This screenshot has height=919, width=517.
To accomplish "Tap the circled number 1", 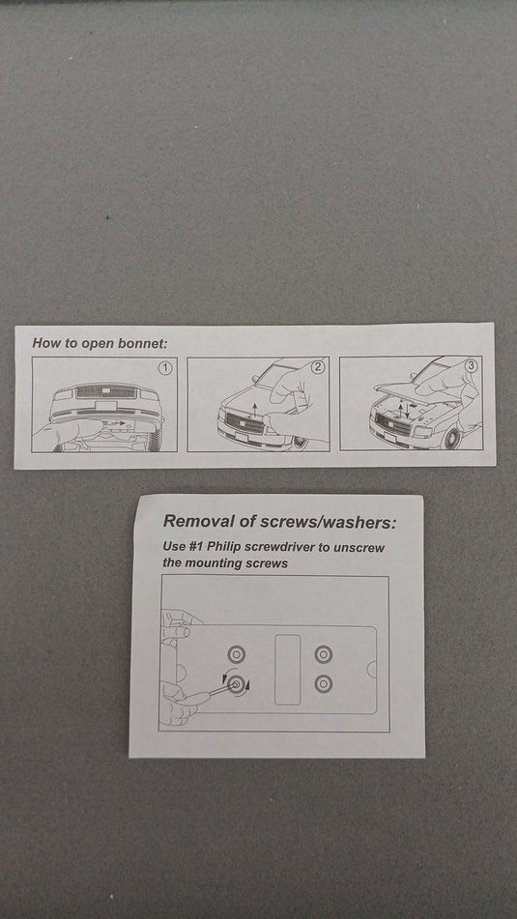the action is [x=166, y=368].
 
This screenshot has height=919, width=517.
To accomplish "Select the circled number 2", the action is [x=318, y=367].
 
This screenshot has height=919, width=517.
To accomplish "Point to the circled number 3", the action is [x=472, y=365].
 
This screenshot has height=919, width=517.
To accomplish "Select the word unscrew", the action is [x=361, y=547].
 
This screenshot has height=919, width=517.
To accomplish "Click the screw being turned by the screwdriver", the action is [x=236, y=684].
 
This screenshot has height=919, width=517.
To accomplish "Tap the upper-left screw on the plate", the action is [x=236, y=654].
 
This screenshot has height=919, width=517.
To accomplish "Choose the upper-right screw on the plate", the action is [x=324, y=653].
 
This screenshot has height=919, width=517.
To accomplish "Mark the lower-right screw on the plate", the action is [x=324, y=683].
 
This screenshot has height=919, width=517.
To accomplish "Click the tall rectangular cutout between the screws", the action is [x=287, y=670].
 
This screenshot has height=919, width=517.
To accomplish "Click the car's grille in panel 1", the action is [x=106, y=392].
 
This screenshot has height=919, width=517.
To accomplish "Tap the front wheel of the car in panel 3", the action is [x=452, y=437].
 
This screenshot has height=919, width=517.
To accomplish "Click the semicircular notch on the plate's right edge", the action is [x=372, y=669].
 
